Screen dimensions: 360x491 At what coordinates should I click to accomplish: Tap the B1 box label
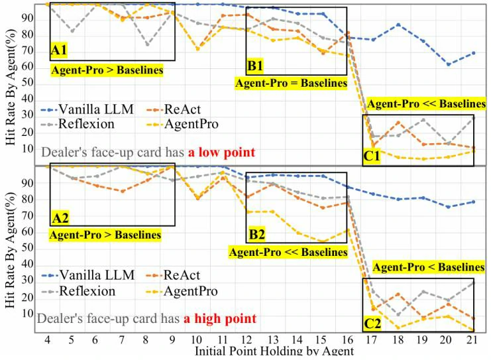click(256, 66)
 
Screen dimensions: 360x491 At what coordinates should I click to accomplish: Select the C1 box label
click(371, 156)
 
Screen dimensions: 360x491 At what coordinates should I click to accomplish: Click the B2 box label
click(256, 234)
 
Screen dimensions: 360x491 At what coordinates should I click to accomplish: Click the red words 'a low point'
click(221, 152)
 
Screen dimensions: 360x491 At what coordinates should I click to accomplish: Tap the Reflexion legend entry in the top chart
click(78, 124)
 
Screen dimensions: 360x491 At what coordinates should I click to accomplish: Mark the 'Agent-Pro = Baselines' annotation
click(291, 84)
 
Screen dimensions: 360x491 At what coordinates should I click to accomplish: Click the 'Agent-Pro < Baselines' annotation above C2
click(428, 267)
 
